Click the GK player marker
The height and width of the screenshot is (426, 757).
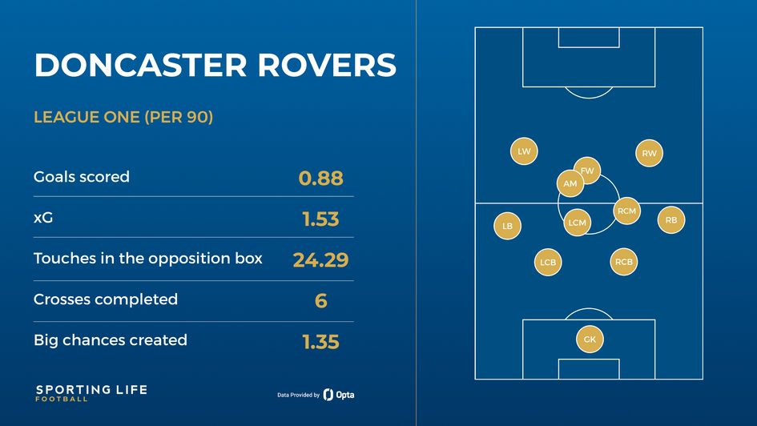tap(590, 340)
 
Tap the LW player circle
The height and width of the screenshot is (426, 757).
tap(524, 151)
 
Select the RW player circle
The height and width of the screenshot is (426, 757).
tap(649, 154)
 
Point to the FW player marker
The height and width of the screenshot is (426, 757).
tap(587, 170)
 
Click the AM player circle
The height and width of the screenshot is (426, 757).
tap(570, 183)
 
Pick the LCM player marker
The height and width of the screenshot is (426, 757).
tap(577, 223)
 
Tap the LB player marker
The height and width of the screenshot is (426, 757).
tap(507, 226)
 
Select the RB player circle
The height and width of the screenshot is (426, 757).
tap(671, 219)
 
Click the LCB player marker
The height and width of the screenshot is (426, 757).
tap(548, 262)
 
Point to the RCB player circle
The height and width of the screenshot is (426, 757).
tap(624, 261)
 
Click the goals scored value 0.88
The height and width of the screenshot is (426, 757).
tap(320, 179)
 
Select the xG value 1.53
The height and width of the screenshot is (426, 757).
tap(320, 219)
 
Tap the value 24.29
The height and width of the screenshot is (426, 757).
tap(320, 260)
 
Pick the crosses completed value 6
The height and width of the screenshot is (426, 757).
tap(320, 301)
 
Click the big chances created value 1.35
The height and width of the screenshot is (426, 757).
tap(320, 342)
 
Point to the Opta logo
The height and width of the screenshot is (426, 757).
tap(339, 395)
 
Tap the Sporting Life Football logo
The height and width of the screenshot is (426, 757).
tap(91, 392)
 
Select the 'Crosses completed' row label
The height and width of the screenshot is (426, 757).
tap(106, 299)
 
